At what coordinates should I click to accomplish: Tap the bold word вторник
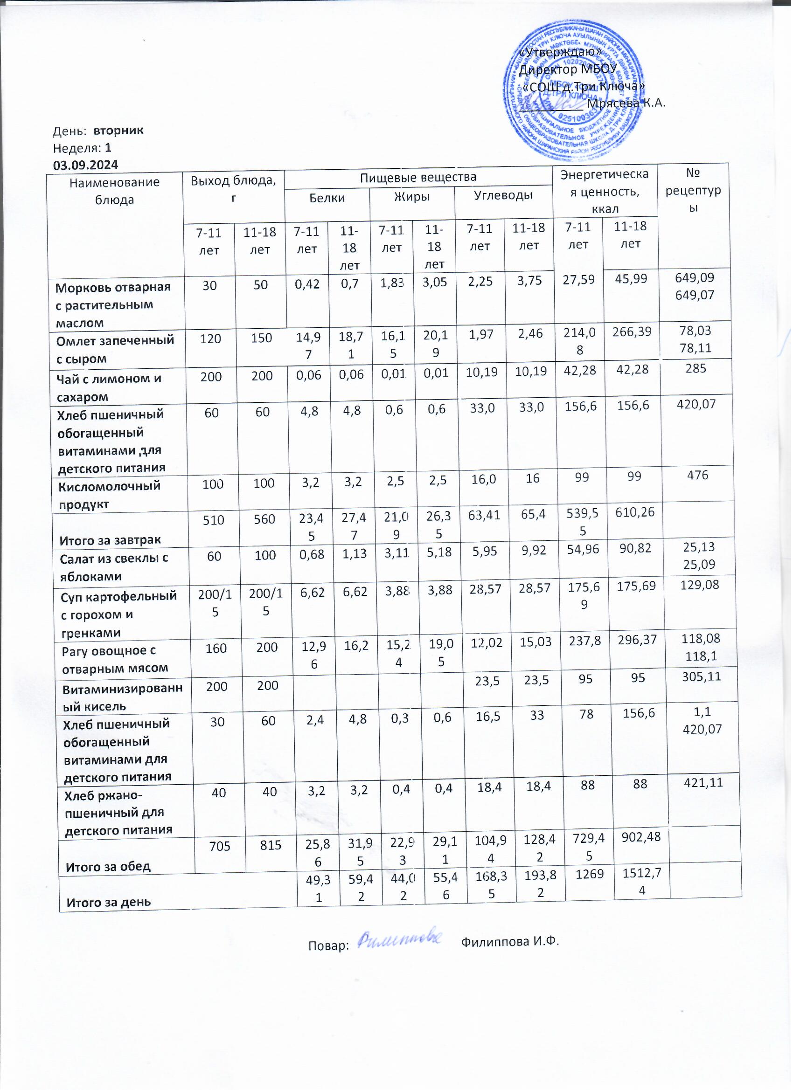point(118,130)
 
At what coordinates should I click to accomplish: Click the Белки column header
point(327,198)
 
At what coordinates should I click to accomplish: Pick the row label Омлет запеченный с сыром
point(115,349)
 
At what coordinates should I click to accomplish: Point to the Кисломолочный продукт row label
point(109,496)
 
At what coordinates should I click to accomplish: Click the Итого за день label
point(109,902)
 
